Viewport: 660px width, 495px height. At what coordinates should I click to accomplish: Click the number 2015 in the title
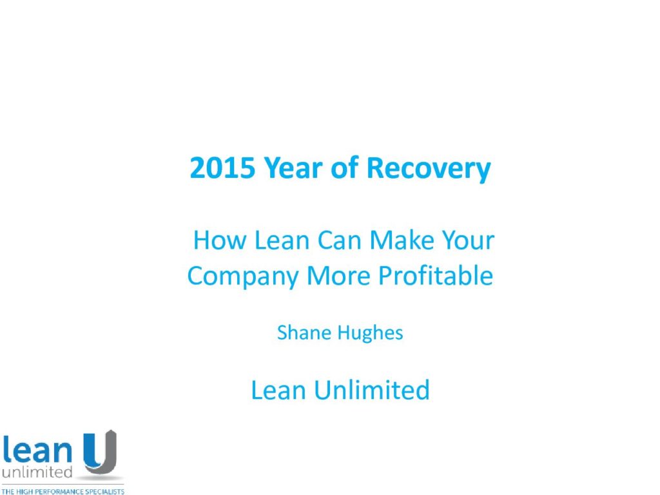222,168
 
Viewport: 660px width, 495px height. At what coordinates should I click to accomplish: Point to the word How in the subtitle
219,240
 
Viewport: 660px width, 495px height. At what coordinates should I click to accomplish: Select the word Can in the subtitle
339,240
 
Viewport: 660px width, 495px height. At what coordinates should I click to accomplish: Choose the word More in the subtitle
338,276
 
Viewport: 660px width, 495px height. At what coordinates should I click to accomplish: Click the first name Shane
304,333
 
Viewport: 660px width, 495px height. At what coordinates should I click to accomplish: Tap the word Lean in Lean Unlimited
278,390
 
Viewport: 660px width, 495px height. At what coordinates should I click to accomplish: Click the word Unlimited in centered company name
372,390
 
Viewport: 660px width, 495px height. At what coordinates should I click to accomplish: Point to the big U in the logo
100,452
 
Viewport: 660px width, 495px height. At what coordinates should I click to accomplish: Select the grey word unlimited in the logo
37,472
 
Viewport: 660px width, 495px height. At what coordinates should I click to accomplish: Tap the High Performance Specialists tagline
63,491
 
